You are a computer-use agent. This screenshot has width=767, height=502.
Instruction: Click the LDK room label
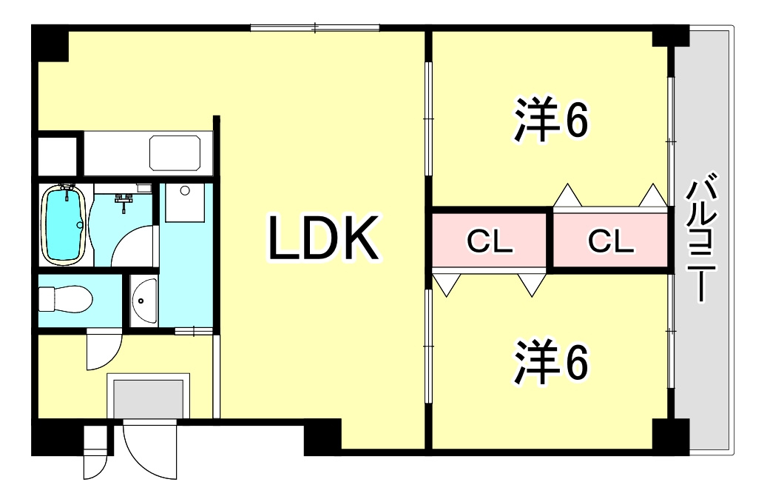pos(323,238)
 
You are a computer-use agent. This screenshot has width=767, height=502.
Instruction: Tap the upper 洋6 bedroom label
pos(551,119)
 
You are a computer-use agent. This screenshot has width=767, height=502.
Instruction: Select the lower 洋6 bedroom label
pos(551,361)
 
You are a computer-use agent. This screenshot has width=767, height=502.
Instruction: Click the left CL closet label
pos(490,241)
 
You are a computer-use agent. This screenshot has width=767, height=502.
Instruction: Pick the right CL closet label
pos(611,241)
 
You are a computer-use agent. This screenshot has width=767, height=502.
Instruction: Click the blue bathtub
pos(64,225)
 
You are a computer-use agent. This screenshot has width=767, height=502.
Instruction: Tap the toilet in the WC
pos(66,298)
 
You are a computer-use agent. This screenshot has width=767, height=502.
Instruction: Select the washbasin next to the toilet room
pos(144,301)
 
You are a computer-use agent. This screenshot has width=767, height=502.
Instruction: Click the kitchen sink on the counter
pos(175,153)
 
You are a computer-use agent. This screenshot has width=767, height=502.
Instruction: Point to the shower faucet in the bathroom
pos(124,202)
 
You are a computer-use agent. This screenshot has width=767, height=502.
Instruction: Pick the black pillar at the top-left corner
pos(50,43)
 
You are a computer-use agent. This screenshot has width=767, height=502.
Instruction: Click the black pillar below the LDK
pos(322,438)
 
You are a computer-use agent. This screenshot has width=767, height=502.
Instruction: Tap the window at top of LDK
pos(315,28)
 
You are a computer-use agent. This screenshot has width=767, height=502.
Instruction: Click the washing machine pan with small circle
pos(184,203)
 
